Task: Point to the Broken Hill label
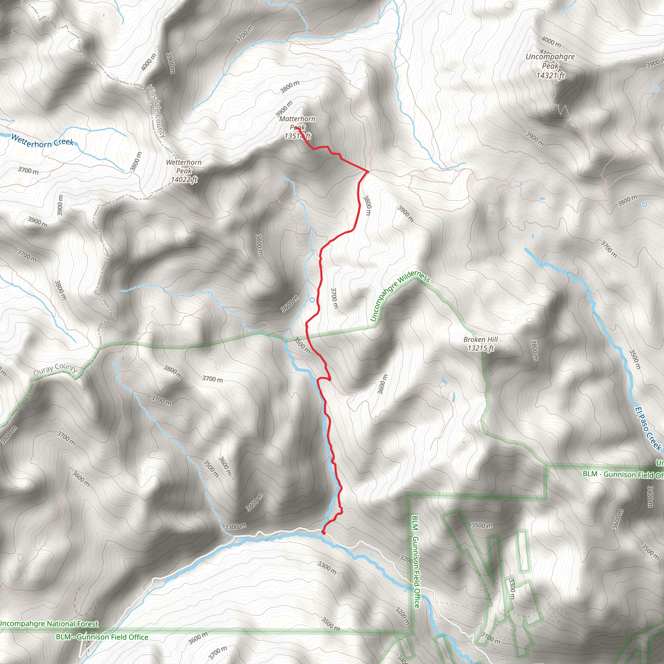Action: coord(480,339)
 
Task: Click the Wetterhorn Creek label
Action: coord(42,141)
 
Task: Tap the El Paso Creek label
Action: coord(647,429)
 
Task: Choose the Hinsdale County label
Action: coord(157,111)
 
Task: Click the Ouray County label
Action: coord(55,369)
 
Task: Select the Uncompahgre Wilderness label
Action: coord(400,297)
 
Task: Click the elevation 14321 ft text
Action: coord(550,76)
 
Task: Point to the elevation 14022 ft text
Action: coord(184,179)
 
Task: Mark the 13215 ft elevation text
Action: coord(480,348)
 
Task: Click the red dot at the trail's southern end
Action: coord(323,532)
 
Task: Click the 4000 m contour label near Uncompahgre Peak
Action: coord(551,42)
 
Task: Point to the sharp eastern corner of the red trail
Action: coord(368,171)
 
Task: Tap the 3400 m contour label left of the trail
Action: coord(255,502)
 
